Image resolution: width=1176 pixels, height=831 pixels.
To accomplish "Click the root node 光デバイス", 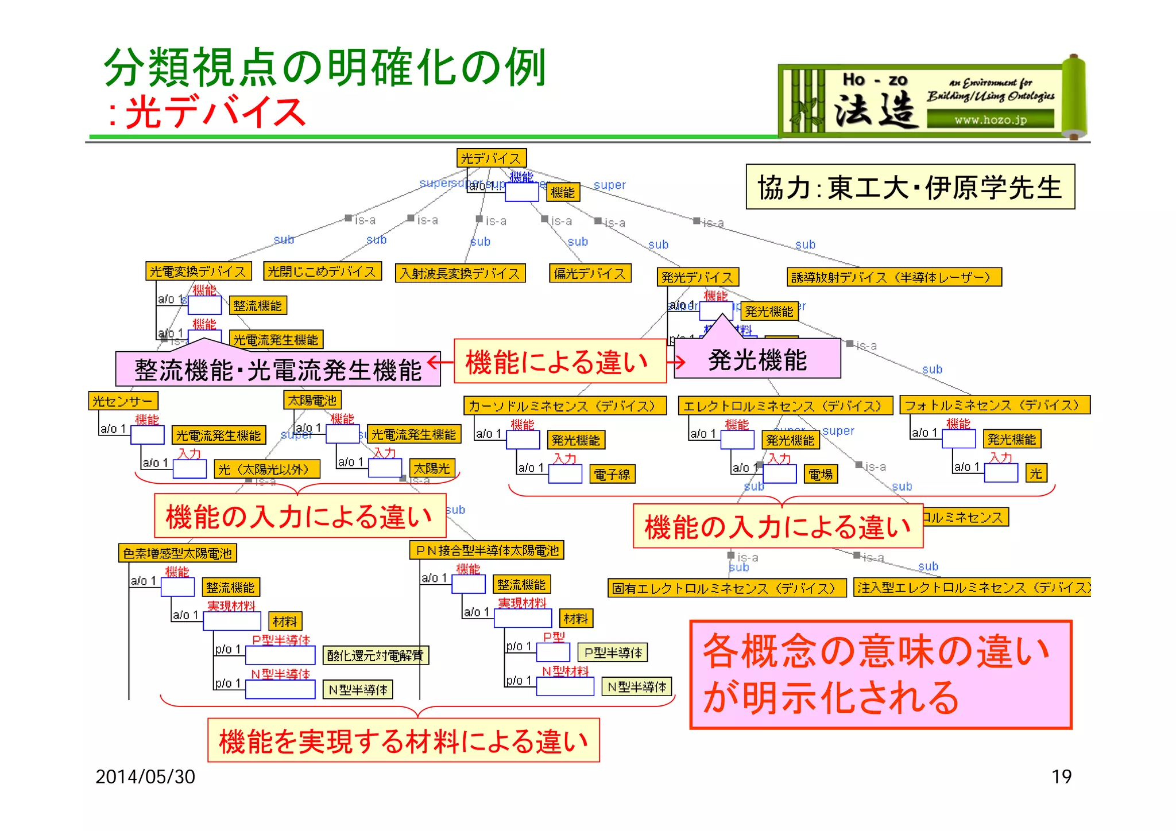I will [491, 158].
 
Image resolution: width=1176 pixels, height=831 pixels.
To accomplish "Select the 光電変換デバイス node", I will [198, 271].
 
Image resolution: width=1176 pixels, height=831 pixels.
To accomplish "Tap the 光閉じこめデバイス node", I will [322, 271].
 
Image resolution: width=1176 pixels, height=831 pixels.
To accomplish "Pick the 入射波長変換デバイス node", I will [460, 273].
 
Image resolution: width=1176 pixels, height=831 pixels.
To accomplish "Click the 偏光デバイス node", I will [590, 273].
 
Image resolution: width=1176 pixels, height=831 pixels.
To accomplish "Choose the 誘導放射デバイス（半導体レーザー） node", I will [893, 277].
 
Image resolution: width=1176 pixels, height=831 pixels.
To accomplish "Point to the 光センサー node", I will [123, 401].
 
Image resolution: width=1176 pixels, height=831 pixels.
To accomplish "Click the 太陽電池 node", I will [312, 399].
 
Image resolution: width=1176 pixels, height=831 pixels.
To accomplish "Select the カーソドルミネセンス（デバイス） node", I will [564, 406].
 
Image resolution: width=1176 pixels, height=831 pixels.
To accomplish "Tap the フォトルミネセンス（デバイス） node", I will [994, 405].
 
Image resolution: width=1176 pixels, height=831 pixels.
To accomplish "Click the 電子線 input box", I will [612, 474].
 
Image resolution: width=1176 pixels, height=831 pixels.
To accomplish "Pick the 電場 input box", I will [820, 474].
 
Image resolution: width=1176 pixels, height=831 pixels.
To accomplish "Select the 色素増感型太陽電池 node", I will [177, 553].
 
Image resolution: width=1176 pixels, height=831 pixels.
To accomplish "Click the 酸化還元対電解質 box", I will [376, 655].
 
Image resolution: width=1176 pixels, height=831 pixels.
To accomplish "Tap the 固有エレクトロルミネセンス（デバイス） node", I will [726, 588].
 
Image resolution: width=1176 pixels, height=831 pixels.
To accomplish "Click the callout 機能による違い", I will [559, 362].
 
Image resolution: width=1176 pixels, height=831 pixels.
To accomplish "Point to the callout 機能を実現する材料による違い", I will [403, 740].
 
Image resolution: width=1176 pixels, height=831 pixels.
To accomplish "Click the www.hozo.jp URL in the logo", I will [990, 120].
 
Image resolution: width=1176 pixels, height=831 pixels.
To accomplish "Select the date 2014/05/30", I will [145, 776].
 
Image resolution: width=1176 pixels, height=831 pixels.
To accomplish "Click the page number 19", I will [1061, 776].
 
